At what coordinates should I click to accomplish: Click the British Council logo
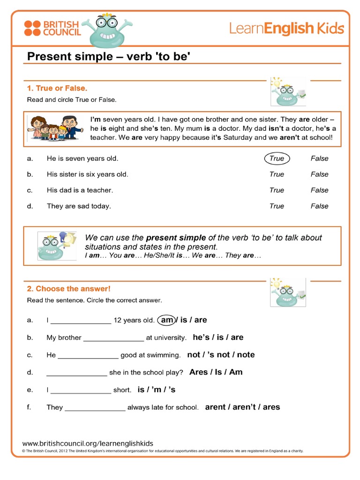(x=52, y=28)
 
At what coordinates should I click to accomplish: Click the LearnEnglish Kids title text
(x=286, y=29)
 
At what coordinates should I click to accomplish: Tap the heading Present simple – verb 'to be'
(x=109, y=57)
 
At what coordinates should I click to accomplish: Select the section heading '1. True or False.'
(x=57, y=88)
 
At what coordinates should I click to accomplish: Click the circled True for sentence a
(x=277, y=158)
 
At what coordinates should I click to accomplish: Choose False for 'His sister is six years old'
(x=319, y=174)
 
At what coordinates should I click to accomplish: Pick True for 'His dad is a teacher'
(x=277, y=190)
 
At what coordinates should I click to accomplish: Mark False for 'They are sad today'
(x=319, y=206)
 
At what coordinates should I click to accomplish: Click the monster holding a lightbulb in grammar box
(x=57, y=246)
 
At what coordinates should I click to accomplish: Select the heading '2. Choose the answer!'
(x=68, y=289)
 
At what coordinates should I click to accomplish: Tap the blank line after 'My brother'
(x=113, y=338)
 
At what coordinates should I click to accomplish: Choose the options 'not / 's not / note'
(x=221, y=355)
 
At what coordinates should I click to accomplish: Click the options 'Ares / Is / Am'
(x=216, y=372)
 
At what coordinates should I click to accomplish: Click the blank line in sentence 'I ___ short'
(x=81, y=390)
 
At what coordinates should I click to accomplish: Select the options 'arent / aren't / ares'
(x=242, y=407)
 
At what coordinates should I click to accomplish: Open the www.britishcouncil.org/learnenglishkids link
(x=88, y=443)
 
